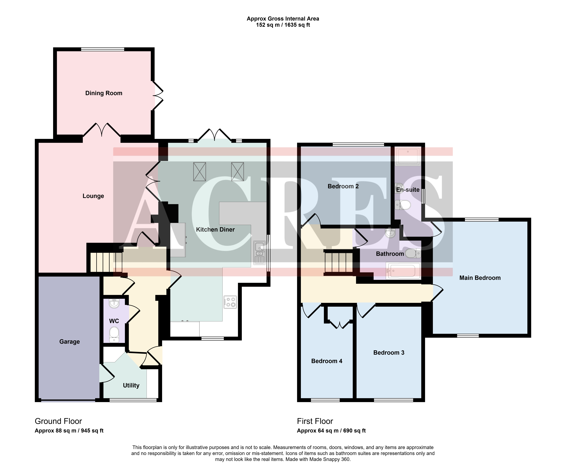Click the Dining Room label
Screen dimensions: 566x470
(x=104, y=93)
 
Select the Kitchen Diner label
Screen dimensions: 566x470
(x=215, y=230)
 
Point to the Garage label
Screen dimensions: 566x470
(x=70, y=342)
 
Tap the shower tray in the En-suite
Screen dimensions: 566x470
(x=408, y=156)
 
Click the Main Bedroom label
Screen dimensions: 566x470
(x=480, y=278)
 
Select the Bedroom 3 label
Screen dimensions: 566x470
(x=389, y=353)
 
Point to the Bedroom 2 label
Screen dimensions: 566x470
(x=343, y=186)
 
